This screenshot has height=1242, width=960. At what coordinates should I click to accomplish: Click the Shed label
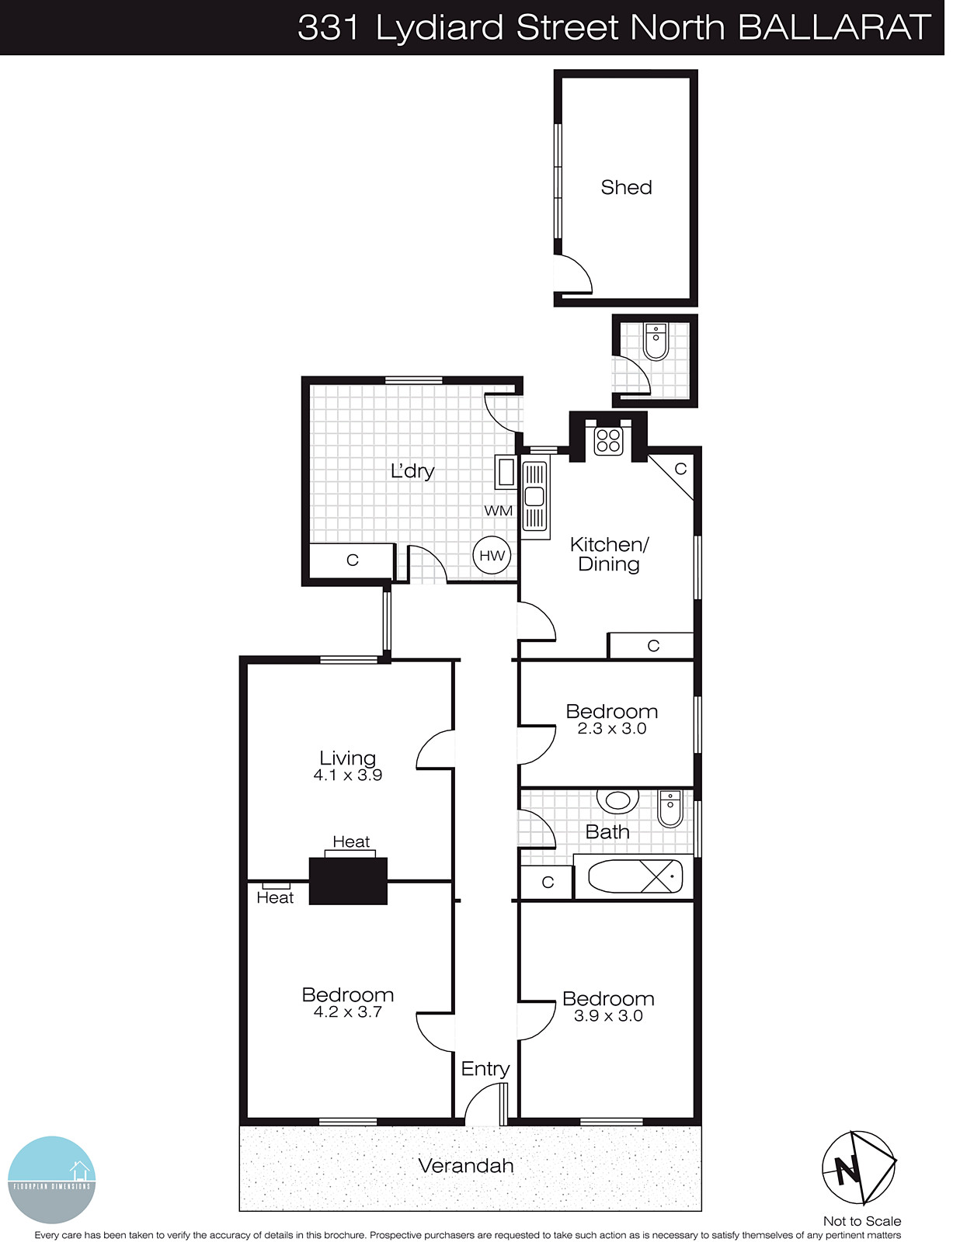pyautogui.click(x=626, y=188)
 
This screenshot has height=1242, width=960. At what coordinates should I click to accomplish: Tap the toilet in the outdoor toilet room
pyautogui.click(x=656, y=342)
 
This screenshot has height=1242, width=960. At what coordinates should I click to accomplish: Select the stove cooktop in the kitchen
pyautogui.click(x=608, y=441)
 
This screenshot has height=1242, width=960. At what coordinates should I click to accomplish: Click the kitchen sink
pyautogui.click(x=534, y=496)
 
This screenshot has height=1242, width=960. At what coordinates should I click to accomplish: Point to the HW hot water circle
pyautogui.click(x=492, y=555)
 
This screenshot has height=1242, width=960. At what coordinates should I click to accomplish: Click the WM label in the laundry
pyautogui.click(x=498, y=511)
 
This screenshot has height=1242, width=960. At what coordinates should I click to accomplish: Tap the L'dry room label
pyautogui.click(x=412, y=470)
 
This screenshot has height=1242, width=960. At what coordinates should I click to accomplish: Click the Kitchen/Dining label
pyautogui.click(x=609, y=553)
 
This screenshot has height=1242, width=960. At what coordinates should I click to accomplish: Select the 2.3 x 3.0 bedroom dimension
pyautogui.click(x=612, y=729)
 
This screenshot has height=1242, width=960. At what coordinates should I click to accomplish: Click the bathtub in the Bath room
pyautogui.click(x=635, y=877)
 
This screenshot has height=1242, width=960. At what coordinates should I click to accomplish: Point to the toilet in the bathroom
pyautogui.click(x=670, y=808)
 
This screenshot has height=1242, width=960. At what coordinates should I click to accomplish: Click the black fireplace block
pyautogui.click(x=348, y=880)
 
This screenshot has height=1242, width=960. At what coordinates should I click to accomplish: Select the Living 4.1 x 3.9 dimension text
pyautogui.click(x=347, y=775)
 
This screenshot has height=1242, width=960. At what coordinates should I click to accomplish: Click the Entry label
pyautogui.click(x=485, y=1069)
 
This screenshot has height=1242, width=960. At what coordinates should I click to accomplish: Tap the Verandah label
pyautogui.click(x=466, y=1165)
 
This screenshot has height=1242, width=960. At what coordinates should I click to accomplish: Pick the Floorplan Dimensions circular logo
pyautogui.click(x=51, y=1179)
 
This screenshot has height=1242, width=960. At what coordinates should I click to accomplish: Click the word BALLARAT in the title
pyautogui.click(x=833, y=28)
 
